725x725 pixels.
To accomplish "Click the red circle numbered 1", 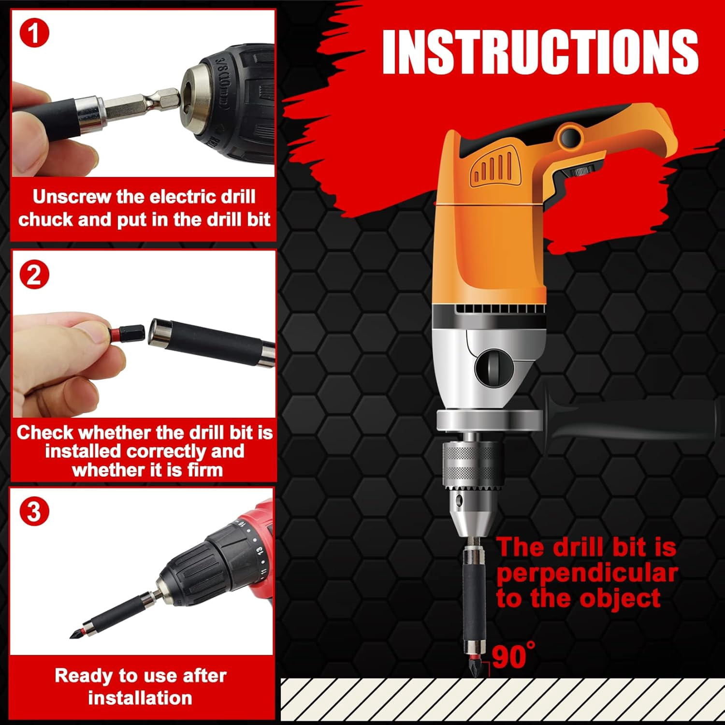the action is [34, 33].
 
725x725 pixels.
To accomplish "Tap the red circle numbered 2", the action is [34, 275].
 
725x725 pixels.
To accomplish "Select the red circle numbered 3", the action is [34, 511].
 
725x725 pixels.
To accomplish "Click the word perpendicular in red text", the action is [587, 573].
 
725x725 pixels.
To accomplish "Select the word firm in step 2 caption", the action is [205, 470].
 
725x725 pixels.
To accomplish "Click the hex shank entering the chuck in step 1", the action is [140, 103].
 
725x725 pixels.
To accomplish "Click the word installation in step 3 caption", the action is [140, 698].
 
